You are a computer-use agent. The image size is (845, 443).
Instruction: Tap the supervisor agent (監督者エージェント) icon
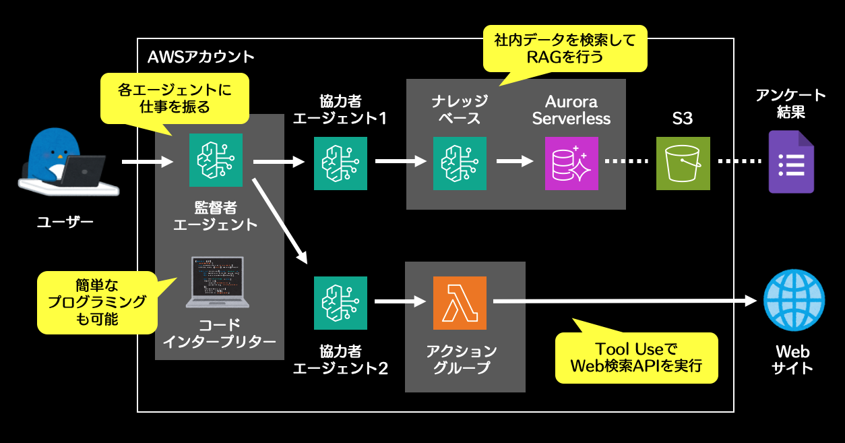coord(216,160)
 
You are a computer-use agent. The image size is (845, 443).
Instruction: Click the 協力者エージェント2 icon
coord(340,303)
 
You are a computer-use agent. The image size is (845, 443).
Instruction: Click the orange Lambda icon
coord(459,303)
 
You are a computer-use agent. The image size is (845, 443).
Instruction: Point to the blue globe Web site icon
coord(794,300)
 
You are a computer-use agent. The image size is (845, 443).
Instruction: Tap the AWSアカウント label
coord(200,55)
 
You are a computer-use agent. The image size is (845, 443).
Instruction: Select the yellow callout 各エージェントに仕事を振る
coord(175,98)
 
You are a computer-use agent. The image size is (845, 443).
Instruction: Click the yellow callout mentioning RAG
coord(565,49)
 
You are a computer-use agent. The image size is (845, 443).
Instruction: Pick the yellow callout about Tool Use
coord(635,358)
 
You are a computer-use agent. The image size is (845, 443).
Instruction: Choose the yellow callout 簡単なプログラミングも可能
coord(97,302)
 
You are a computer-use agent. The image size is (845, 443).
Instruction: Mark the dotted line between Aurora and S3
coord(627,162)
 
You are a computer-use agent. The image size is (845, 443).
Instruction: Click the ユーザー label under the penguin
coord(65,220)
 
